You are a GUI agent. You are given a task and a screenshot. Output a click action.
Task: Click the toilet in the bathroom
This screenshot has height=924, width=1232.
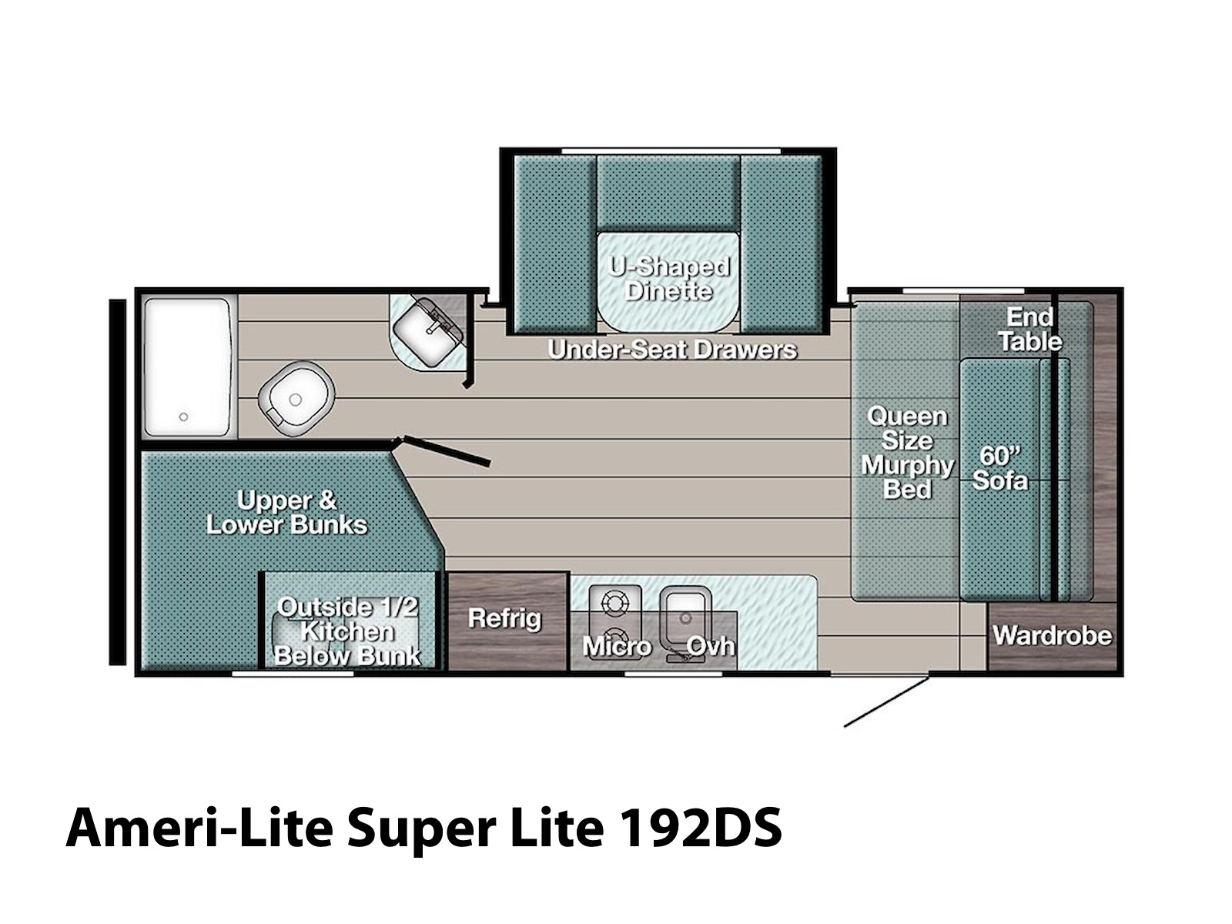[296, 398]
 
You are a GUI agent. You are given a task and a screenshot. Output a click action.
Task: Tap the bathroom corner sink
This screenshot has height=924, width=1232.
[427, 331]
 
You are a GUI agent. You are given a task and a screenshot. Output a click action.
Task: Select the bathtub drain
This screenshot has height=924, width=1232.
[183, 417]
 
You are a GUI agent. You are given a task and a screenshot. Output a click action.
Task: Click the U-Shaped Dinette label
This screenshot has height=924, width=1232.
[668, 278]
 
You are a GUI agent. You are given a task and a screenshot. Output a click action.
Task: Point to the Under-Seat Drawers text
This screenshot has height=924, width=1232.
[672, 350]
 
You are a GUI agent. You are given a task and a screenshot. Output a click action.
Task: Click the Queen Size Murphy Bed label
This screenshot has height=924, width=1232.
[907, 453]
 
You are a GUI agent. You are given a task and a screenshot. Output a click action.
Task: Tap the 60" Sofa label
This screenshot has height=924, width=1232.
[1000, 468]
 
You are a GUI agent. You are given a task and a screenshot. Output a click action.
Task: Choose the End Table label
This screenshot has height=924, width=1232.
[1030, 330]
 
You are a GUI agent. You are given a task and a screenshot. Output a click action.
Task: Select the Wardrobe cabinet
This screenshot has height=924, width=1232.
[1052, 636]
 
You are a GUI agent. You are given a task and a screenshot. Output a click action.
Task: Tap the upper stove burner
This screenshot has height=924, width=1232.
[614, 603]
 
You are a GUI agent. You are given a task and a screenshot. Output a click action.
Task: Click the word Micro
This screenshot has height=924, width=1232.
[617, 647]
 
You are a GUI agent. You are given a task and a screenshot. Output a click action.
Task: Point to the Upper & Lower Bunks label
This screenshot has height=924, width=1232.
[286, 512]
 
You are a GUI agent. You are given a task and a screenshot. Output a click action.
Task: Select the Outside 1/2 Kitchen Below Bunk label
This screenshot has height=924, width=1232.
[347, 631]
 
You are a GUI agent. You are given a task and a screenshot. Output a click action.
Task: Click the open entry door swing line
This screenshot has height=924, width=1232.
[886, 701]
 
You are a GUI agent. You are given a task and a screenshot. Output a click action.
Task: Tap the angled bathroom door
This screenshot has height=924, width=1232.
[445, 451]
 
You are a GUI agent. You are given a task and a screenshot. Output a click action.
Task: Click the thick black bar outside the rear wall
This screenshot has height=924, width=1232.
[117, 482]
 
